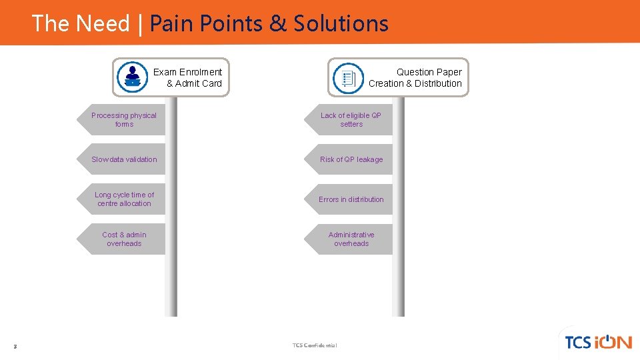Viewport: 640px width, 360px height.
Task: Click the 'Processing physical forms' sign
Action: coord(124,120)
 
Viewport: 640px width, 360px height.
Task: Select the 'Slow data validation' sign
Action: coord(124,159)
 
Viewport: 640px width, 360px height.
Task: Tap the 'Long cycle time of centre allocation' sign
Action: coord(124,199)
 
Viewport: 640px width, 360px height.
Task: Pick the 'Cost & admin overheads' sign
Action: coord(124,239)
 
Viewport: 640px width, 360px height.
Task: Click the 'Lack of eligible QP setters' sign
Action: coord(351,120)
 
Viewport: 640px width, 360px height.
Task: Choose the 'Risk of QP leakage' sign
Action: coord(351,159)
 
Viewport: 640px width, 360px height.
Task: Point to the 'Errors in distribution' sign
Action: coord(351,199)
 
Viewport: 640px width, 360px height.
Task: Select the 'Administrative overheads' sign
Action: coord(351,239)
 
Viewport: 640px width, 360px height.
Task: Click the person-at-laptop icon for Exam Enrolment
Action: coord(132,77)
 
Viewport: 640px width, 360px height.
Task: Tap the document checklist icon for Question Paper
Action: coord(348,78)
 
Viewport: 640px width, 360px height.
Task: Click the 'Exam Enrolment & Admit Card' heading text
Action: coord(189,77)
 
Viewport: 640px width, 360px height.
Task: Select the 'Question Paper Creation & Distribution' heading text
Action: coord(415,77)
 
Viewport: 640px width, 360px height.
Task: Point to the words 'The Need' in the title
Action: coord(81,23)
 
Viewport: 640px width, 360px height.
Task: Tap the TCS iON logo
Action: coord(597,342)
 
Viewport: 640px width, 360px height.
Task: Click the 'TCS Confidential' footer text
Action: coord(315,345)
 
